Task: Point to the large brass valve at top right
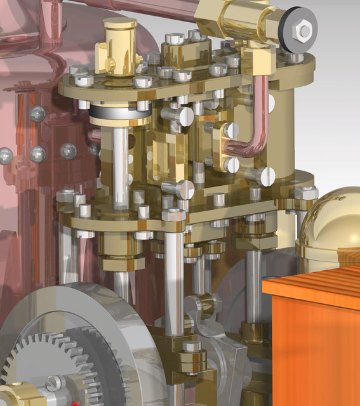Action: [x=238, y=19]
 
